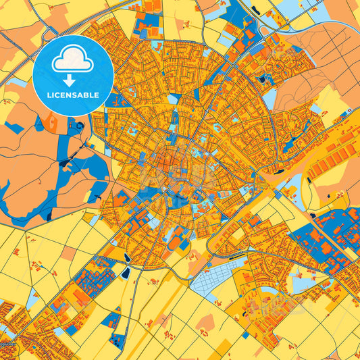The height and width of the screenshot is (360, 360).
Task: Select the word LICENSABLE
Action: [x=72, y=95]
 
